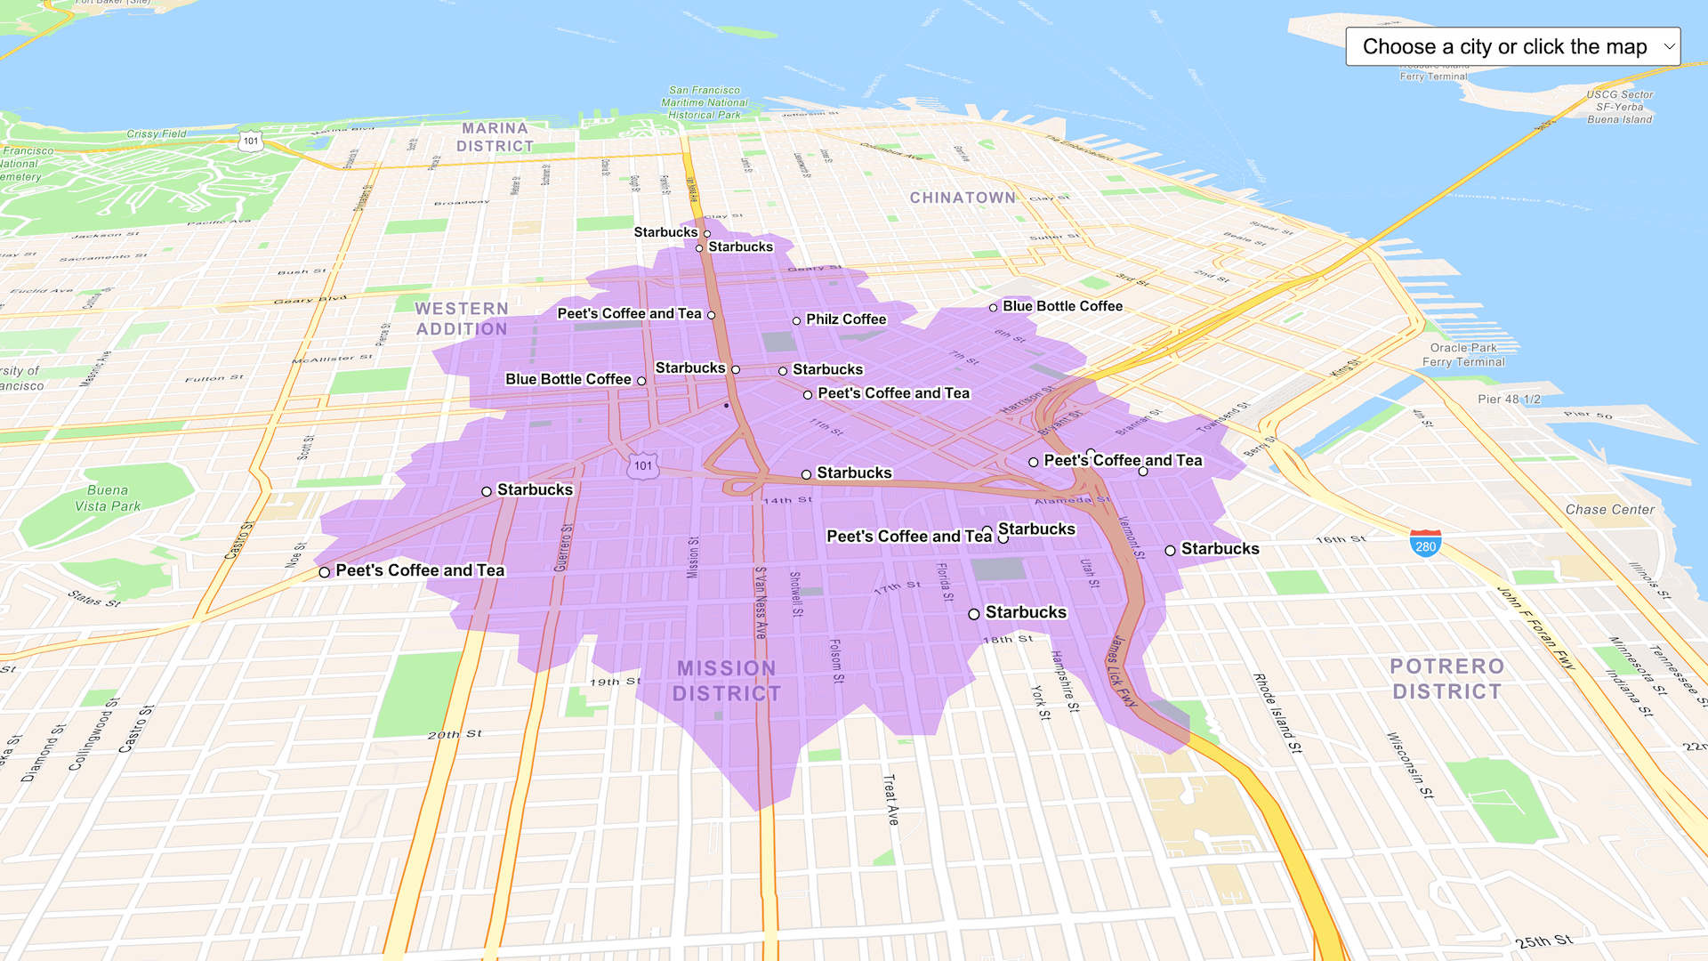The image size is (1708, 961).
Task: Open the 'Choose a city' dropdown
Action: pos(1512,46)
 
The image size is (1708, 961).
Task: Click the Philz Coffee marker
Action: pos(797,320)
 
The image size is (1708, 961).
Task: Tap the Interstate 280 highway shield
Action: pos(1425,544)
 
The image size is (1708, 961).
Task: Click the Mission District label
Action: pos(727,681)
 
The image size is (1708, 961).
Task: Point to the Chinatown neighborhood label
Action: pos(962,198)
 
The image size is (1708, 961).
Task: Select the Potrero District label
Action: pos(1446,679)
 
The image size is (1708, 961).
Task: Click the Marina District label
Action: pos(495,137)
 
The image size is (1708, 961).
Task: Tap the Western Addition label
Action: pos(462,319)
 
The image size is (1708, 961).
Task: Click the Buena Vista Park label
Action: pos(108,498)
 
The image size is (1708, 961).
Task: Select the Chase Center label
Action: pos(1609,510)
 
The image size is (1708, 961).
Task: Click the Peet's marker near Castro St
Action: pos(325,572)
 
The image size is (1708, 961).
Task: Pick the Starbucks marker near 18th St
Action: pos(974,614)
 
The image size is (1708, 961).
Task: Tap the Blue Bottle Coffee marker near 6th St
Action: pos(994,308)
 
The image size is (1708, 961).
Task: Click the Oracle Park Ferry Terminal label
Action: pos(1463,355)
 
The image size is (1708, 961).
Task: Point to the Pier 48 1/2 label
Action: pos(1509,400)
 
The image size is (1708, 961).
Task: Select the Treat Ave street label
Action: pos(890,799)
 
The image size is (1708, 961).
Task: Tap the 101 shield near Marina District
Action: pos(251,141)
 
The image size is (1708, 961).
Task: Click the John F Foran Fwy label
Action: pos(1536,628)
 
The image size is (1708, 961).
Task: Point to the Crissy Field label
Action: pos(157,134)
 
